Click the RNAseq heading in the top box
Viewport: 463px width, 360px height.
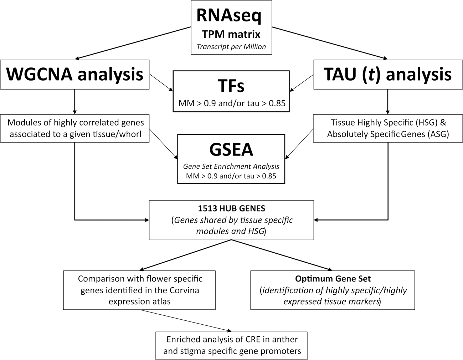click(x=229, y=16)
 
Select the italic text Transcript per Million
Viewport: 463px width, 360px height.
click(x=231, y=46)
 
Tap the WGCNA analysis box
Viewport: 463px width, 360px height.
click(x=75, y=74)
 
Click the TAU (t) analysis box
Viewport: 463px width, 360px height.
click(x=388, y=74)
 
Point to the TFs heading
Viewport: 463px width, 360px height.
click(x=231, y=86)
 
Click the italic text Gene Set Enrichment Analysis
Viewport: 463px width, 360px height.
click(x=231, y=166)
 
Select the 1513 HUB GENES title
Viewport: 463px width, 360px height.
click(x=231, y=208)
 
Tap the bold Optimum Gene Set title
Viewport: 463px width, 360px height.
click(x=333, y=279)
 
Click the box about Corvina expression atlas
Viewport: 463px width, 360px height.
click(x=139, y=290)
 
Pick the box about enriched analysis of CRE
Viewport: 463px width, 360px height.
click(x=232, y=345)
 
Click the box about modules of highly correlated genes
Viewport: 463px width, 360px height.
click(x=75, y=128)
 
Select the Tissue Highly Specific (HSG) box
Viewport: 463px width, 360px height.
click(x=388, y=128)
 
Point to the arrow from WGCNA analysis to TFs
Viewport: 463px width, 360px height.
click(x=161, y=82)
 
